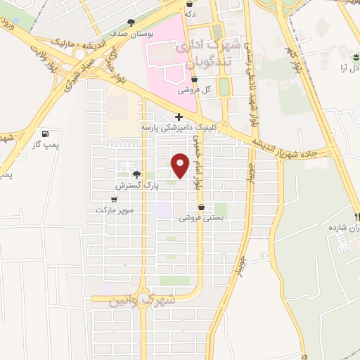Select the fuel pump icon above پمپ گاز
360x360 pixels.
pos(46,133)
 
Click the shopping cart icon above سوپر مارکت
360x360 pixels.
pos(114,199)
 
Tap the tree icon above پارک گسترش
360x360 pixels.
pos(136,175)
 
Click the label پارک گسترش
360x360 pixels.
pos(138,186)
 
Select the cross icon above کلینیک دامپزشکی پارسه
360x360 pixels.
pos(179,117)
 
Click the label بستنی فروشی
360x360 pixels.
pos(201,218)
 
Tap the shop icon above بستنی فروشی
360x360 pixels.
pos(202,207)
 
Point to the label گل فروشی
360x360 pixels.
pos(194,90)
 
